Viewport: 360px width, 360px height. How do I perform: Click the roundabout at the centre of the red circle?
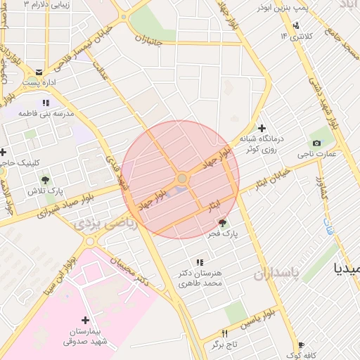(182, 179)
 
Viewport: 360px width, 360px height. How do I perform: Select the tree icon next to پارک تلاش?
(45, 181)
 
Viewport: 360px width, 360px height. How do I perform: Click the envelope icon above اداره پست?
(39, 72)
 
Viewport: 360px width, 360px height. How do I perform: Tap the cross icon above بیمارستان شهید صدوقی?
(86, 321)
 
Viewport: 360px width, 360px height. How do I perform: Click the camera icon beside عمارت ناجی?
(316, 143)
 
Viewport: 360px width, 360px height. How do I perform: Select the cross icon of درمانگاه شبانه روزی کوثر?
(262, 129)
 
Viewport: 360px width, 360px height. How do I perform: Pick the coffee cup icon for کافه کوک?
(302, 345)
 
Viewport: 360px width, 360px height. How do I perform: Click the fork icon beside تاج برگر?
(225, 333)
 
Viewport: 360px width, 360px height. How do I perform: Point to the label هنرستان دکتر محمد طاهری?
(200, 278)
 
